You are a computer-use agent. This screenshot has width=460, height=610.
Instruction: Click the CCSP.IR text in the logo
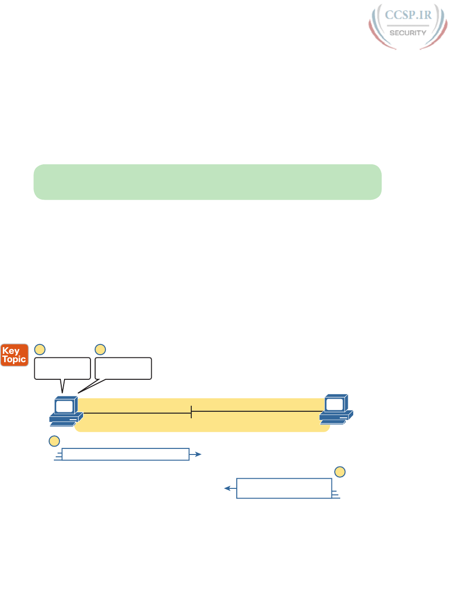[408, 15]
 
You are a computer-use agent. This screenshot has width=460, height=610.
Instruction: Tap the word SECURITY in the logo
[408, 33]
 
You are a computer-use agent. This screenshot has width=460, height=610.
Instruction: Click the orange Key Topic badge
[14, 355]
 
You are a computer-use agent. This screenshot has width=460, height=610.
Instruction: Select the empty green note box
[207, 182]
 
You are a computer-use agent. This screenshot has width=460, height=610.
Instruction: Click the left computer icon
[66, 411]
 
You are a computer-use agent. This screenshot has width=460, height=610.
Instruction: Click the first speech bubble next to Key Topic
[62, 368]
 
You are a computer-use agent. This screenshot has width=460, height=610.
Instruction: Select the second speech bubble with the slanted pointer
[123, 368]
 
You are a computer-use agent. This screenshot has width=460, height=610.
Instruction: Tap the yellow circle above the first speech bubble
[40, 349]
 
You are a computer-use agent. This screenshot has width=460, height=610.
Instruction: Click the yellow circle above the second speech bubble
[100, 349]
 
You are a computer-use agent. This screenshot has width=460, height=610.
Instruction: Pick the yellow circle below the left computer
[54, 441]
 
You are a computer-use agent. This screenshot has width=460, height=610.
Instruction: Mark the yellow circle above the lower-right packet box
[340, 472]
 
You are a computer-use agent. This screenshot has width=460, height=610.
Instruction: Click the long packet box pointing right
[125, 454]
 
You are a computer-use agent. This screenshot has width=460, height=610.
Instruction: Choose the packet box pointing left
[284, 488]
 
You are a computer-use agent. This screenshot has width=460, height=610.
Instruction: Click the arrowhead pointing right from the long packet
[198, 454]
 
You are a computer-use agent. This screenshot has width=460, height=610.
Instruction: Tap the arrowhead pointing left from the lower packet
[227, 488]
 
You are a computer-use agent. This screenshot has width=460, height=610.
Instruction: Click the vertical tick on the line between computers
[191, 411]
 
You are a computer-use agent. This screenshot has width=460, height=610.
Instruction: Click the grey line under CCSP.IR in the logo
[408, 25]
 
